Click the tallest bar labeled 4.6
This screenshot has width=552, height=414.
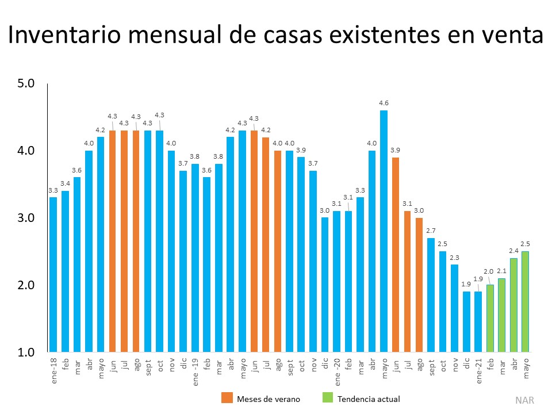click(x=384, y=230)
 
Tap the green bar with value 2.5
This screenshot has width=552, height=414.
click(x=526, y=301)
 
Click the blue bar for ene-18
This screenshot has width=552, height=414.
click(x=53, y=274)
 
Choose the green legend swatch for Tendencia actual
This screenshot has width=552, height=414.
click(x=327, y=398)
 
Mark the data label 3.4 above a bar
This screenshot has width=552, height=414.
click(x=65, y=183)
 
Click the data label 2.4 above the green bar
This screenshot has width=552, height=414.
click(x=514, y=251)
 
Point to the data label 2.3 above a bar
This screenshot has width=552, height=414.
click(x=455, y=257)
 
